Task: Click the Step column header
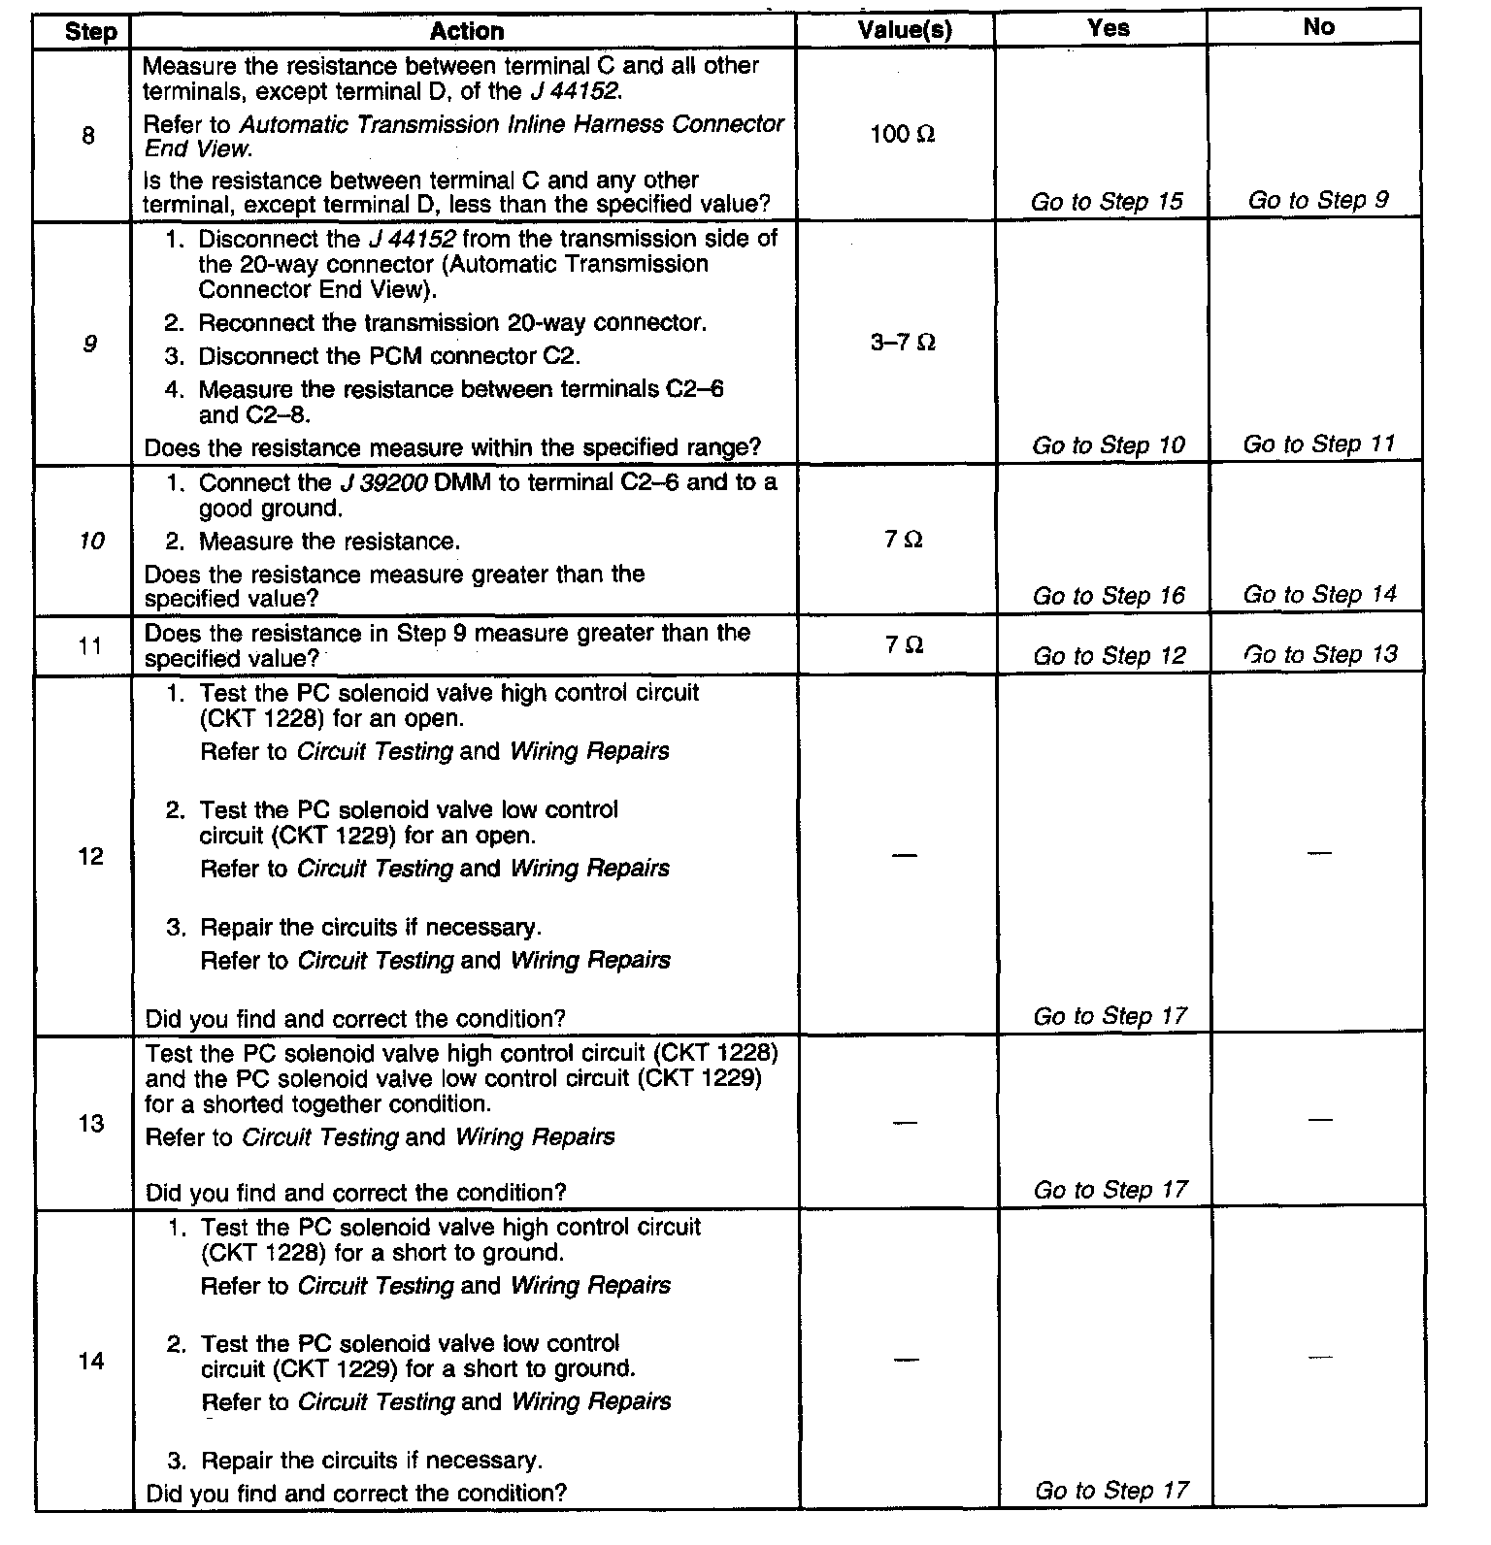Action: pyautogui.click(x=90, y=31)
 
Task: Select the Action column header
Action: pyautogui.click(x=466, y=31)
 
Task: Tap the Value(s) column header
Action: pyautogui.click(x=905, y=30)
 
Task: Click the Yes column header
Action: pyautogui.click(x=1109, y=28)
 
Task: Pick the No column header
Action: pyautogui.click(x=1318, y=27)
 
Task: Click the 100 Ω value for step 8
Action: pyautogui.click(x=903, y=134)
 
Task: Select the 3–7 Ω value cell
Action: pyautogui.click(x=903, y=343)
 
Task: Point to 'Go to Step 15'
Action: pyautogui.click(x=1107, y=202)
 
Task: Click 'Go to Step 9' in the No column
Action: pyautogui.click(x=1318, y=200)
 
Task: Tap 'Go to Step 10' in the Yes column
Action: pyautogui.click(x=1109, y=445)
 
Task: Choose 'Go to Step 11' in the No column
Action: pyautogui.click(x=1319, y=444)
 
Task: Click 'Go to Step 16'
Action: pyautogui.click(x=1109, y=596)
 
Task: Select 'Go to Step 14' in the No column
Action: pyautogui.click(x=1319, y=594)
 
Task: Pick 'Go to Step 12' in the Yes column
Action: pyautogui.click(x=1110, y=656)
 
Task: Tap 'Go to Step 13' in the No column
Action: pyautogui.click(x=1320, y=654)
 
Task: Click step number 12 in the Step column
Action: pyautogui.click(x=90, y=857)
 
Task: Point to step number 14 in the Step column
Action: pyautogui.click(x=90, y=1362)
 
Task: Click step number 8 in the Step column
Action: pyautogui.click(x=88, y=136)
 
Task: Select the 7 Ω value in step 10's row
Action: pyautogui.click(x=903, y=540)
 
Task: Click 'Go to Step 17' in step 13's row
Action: pyautogui.click(x=1110, y=1190)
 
